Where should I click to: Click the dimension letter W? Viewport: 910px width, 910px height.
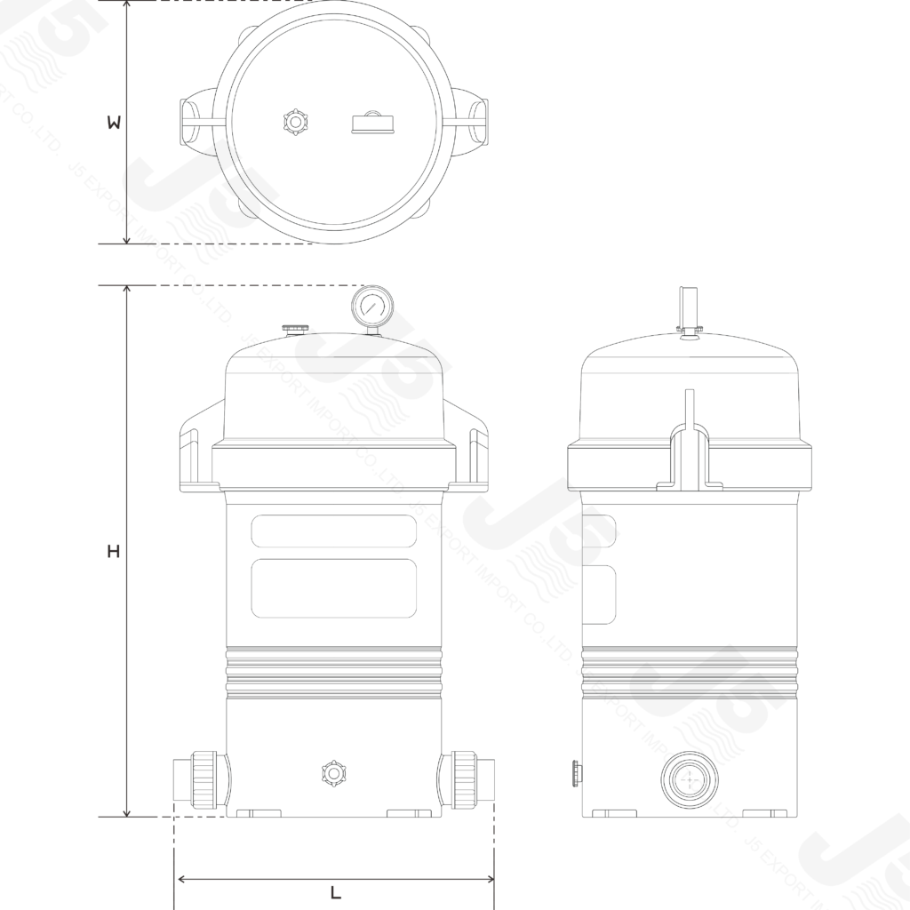point(113,124)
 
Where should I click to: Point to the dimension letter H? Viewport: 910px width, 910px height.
point(113,552)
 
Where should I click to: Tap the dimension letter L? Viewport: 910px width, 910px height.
point(336,893)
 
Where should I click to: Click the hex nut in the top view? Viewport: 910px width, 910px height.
point(292,121)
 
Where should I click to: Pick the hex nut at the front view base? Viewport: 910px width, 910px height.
point(333,772)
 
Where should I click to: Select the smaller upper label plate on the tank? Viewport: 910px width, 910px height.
point(334,531)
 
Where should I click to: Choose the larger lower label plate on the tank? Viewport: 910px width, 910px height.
point(334,587)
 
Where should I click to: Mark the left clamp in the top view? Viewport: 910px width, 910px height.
point(199,123)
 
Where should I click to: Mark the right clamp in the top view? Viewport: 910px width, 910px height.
point(471,123)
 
